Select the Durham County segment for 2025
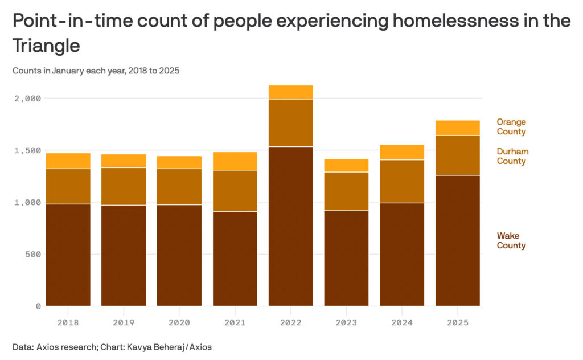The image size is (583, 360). tap(458, 156)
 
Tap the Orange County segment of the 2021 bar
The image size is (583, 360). tap(235, 161)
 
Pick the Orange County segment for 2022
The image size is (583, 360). tap(290, 92)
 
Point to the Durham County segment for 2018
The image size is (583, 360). tap(68, 186)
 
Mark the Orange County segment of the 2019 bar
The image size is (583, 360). tap(124, 161)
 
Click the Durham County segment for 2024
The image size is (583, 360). tap(402, 181)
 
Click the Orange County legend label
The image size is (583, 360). tap(511, 127)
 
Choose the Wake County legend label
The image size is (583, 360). tap(511, 240)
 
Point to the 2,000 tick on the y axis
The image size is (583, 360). tap(27, 99)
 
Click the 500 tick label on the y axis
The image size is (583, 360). tap(32, 254)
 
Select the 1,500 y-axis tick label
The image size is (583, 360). tap(27, 150)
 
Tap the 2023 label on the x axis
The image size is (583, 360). tap(346, 322)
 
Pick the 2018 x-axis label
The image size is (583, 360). tap(68, 322)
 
